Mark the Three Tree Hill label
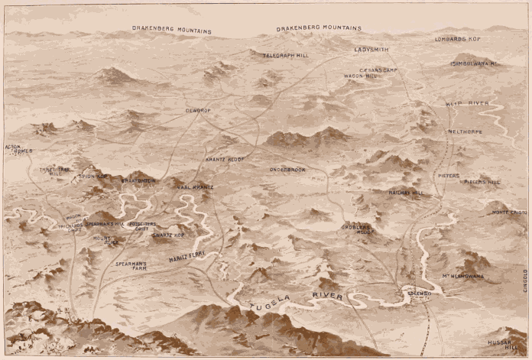[x=55, y=172]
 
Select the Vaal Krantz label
[x=195, y=186]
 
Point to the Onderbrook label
[x=287, y=169]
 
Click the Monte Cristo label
[x=509, y=212]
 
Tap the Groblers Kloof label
[x=357, y=230]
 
